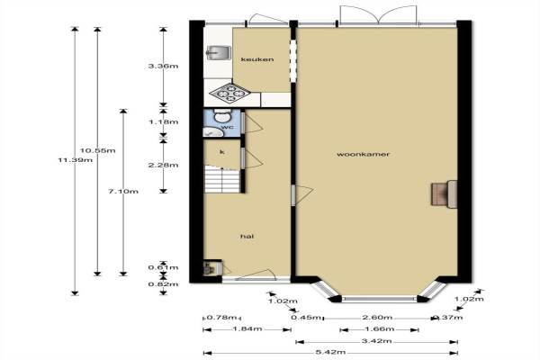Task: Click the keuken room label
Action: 257,59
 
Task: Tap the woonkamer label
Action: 364,154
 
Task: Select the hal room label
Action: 247,237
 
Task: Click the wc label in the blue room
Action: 228,127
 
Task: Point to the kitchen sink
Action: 219,52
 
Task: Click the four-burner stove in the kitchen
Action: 229,93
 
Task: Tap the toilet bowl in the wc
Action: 221,115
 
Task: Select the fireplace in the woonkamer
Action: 445,194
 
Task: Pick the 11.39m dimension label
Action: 76,160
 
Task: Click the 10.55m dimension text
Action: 98,150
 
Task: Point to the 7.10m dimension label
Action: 123,191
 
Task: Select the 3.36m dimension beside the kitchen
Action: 163,66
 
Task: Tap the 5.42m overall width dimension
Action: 330,352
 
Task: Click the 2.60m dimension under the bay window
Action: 377,318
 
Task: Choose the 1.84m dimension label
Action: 247,328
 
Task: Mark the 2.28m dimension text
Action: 163,165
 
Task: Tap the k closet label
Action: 222,152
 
